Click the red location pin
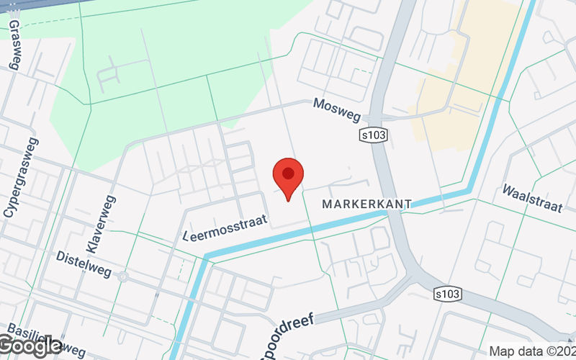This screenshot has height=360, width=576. click(x=288, y=179)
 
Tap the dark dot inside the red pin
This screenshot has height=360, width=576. click(x=288, y=173)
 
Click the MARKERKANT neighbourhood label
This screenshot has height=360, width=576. click(x=366, y=204)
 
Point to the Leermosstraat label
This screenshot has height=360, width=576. click(x=225, y=226)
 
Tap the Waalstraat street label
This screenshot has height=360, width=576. click(x=533, y=199)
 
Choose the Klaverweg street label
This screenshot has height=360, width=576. click(x=101, y=223)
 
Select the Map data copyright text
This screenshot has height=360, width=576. click(x=531, y=351)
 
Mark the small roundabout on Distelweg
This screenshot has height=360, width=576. click(x=123, y=276)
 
